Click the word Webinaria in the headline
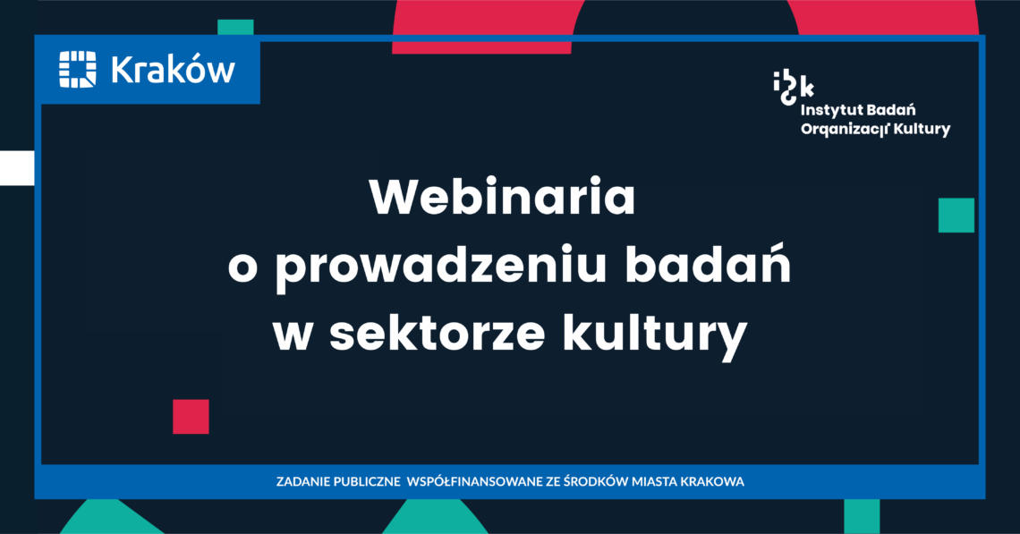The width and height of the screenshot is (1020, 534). tap(502, 197)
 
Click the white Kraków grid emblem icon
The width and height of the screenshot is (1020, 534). tap(78, 69)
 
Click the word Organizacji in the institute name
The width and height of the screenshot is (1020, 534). tap(845, 130)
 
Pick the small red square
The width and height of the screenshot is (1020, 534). tap(191, 416)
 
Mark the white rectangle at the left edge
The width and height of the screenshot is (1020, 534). tap(17, 168)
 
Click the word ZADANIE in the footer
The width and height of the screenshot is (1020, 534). tap(302, 482)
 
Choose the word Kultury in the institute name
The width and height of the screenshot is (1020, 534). tap(922, 130)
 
